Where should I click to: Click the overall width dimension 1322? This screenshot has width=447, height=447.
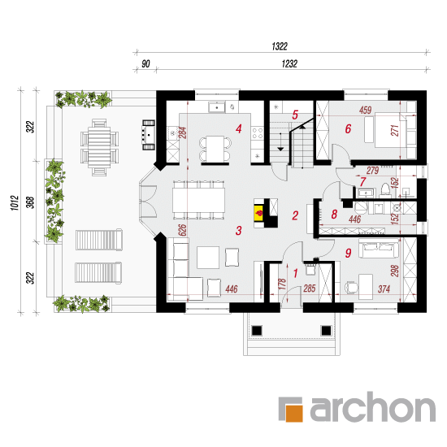(280, 46)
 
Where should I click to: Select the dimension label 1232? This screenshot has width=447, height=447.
(289, 63)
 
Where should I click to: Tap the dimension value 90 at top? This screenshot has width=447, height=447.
(145, 63)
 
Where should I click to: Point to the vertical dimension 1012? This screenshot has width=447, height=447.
(15, 202)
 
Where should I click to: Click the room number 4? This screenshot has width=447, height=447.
(239, 129)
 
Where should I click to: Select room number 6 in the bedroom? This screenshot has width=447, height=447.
(348, 129)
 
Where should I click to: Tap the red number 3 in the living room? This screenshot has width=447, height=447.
(239, 230)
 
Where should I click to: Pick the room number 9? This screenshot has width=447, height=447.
(348, 253)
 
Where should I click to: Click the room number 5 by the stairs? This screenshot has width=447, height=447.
(295, 115)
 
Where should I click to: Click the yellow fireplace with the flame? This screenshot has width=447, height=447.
(258, 213)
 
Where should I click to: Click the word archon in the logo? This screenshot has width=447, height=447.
(372, 407)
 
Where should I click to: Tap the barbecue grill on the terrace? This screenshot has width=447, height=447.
(149, 135)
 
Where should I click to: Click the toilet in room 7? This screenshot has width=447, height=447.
(385, 190)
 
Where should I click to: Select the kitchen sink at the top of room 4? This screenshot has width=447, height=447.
(217, 107)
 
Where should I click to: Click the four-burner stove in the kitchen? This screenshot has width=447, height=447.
(258, 133)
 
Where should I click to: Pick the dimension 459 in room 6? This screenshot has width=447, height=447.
(366, 110)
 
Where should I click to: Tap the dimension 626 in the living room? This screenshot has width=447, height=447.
(182, 230)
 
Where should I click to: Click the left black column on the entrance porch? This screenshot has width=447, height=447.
(257, 331)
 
